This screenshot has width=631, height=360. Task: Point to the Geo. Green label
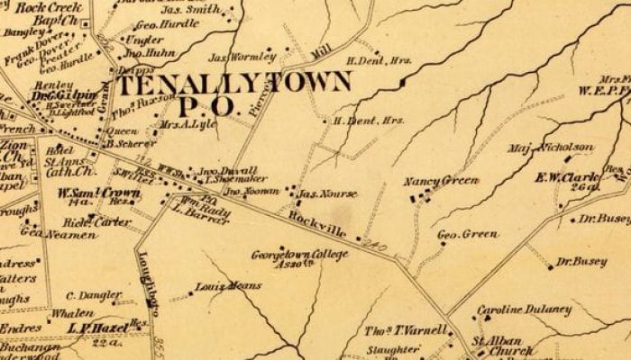point(468,235)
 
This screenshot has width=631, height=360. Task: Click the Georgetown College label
point(287,255)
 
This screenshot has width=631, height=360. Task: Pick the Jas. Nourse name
point(328,193)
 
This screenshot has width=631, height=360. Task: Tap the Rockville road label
point(319,226)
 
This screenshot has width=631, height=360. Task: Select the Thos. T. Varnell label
point(401,330)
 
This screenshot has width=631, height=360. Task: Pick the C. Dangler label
point(94,295)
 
